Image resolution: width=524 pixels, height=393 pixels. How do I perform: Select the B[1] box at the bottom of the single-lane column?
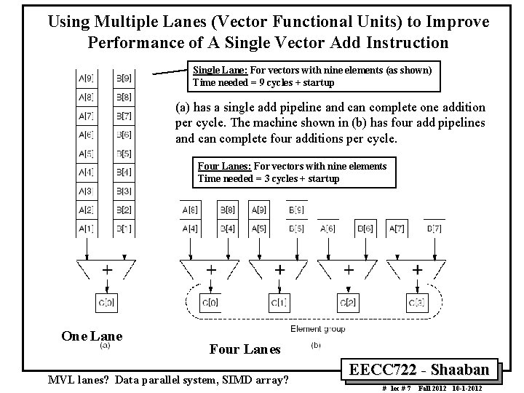click(x=122, y=230)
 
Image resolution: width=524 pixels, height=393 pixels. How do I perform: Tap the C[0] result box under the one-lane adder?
click(x=106, y=301)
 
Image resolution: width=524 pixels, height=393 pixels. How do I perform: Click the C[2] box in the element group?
click(x=349, y=301)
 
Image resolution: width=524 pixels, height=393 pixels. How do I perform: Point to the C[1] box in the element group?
click(x=279, y=301)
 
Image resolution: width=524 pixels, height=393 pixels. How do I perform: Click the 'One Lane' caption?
click(x=92, y=336)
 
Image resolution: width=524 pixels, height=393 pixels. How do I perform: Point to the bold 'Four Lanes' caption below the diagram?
click(x=245, y=349)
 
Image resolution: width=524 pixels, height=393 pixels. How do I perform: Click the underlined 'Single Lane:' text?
click(x=218, y=70)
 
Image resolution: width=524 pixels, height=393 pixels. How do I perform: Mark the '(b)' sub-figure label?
click(x=315, y=344)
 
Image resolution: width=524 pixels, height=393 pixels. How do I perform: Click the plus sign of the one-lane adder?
click(x=107, y=269)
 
